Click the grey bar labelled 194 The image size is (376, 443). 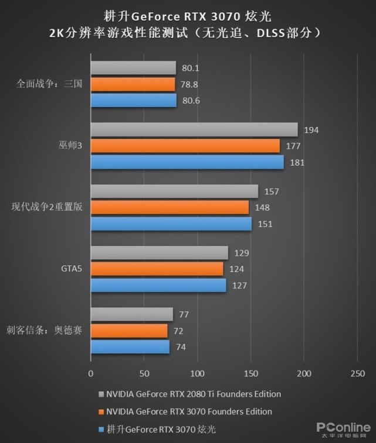tap(194, 130)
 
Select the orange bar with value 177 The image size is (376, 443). tap(185, 146)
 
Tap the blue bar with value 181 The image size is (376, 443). tap(187, 162)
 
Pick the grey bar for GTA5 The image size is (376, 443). tap(159, 253)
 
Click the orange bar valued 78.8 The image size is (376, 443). tap(133, 84)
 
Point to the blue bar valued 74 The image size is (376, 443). tap(130, 347)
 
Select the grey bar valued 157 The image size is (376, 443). tap(174, 191)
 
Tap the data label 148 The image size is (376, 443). tap(263, 208)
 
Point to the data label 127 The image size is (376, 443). tap(240, 286)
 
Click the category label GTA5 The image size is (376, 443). tap(72, 269)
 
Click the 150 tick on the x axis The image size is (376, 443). tap(250, 373)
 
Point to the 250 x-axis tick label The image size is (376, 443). tap(357, 373)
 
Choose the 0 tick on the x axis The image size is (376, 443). tap(91, 373)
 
